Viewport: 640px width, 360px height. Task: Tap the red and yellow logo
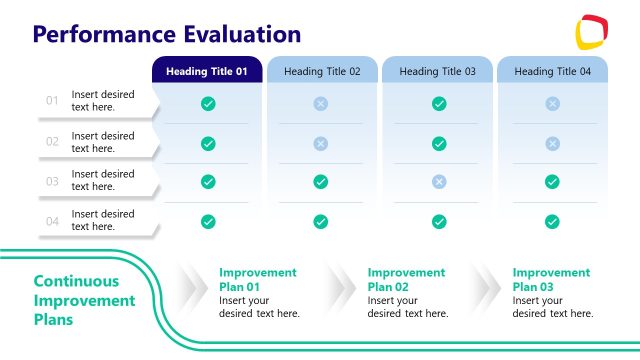(x=594, y=32)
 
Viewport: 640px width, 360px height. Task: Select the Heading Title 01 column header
(x=207, y=71)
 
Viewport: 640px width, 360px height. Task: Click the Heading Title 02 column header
(x=322, y=71)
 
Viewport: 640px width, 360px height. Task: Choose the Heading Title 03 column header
(x=438, y=71)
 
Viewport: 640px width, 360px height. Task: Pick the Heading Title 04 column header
(x=552, y=71)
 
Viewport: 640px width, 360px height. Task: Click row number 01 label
(x=53, y=101)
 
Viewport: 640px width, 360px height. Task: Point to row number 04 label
(x=53, y=220)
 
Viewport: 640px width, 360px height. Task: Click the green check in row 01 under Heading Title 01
(x=208, y=103)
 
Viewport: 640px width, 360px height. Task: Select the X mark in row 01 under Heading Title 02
(x=321, y=103)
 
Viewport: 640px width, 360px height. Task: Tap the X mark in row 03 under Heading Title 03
(x=438, y=182)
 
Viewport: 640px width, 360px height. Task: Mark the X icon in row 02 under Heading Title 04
(x=552, y=143)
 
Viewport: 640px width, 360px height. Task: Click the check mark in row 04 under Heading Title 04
(x=552, y=221)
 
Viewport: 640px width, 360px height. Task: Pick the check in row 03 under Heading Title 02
(x=321, y=182)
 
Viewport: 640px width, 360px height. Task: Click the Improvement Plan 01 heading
(x=258, y=279)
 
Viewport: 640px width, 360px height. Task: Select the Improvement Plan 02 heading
(x=406, y=279)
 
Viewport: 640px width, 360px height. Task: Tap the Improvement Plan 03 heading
(x=551, y=279)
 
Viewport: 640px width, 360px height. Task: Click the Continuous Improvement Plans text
(x=84, y=301)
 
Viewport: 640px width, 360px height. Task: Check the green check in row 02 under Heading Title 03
(x=438, y=143)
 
